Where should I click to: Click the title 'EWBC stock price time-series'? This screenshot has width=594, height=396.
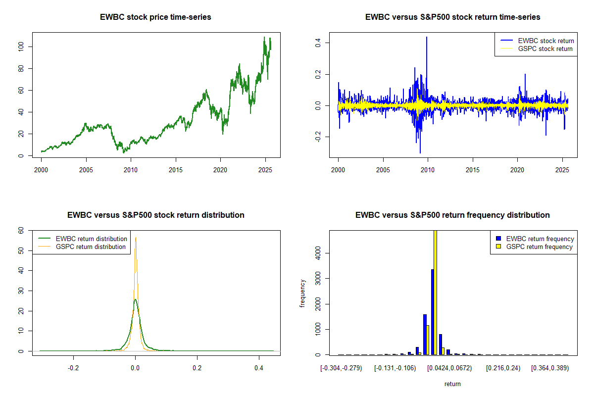click(x=156, y=17)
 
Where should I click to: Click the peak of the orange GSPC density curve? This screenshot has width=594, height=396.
click(x=136, y=238)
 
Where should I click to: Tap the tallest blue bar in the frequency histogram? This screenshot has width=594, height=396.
click(x=432, y=312)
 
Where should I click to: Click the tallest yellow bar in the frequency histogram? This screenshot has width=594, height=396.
click(x=436, y=292)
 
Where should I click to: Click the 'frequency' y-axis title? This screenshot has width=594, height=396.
click(x=302, y=294)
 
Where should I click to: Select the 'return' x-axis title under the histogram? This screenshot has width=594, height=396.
click(x=452, y=384)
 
